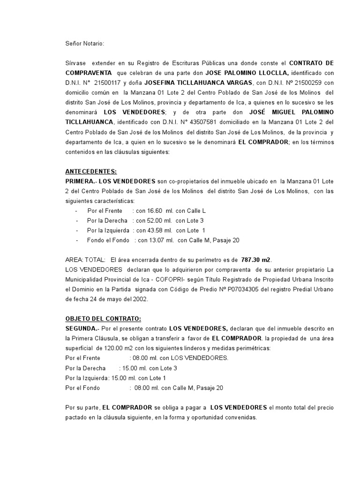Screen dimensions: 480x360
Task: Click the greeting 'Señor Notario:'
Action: [85, 44]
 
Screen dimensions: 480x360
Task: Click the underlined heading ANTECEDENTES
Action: [91, 172]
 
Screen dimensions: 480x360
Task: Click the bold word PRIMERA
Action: [80, 181]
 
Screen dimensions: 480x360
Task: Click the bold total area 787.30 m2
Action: [256, 260]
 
